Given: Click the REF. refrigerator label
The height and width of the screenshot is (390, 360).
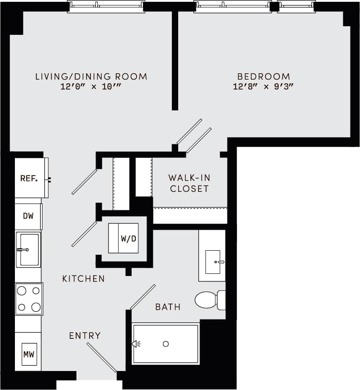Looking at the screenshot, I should pyautogui.click(x=28, y=178).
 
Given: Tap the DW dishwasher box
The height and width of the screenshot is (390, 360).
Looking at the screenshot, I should pyautogui.click(x=28, y=216).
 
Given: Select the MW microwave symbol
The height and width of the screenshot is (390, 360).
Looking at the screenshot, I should pyautogui.click(x=29, y=354).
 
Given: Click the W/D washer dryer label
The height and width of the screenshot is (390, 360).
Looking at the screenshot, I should pyautogui.click(x=128, y=238).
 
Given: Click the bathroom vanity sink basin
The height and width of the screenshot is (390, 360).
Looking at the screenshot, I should pyautogui.click(x=213, y=262).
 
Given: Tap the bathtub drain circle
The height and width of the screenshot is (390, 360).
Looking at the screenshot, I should pyautogui.click(x=166, y=344).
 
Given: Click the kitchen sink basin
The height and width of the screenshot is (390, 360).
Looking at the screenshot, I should pyautogui.click(x=28, y=249).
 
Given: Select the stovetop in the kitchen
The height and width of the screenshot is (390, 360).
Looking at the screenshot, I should pyautogui.click(x=29, y=299).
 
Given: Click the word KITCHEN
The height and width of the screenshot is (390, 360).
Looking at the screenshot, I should pyautogui.click(x=84, y=279).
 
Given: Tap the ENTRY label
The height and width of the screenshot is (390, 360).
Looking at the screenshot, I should pyautogui.click(x=85, y=336).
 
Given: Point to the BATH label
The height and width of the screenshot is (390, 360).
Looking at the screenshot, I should pyautogui.click(x=168, y=307).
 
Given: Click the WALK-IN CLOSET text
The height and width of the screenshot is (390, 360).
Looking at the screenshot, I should pyautogui.click(x=189, y=183).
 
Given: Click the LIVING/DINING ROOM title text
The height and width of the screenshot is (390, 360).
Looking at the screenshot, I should pyautogui.click(x=91, y=76).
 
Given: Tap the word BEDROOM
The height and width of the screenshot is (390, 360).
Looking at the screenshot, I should pyautogui.click(x=264, y=76).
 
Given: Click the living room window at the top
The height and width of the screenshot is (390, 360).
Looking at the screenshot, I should pyautogui.click(x=106, y=6).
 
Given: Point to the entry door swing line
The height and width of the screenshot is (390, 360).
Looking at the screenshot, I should pyautogui.click(x=102, y=357).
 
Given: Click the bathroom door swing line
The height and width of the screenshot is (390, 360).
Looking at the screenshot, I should pyautogui.click(x=143, y=297).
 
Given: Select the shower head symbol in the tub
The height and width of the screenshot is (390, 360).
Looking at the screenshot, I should pyautogui.click(x=136, y=344).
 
